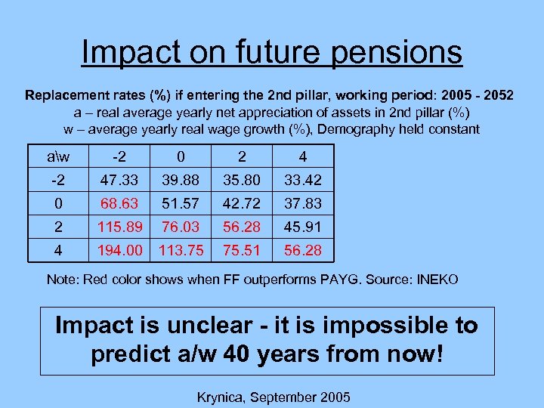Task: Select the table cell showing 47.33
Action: coord(118,179)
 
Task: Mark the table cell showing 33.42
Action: coord(302,179)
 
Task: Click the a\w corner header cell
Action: coord(57,157)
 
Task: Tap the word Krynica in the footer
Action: coord(221,396)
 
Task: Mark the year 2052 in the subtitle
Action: coord(499,96)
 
